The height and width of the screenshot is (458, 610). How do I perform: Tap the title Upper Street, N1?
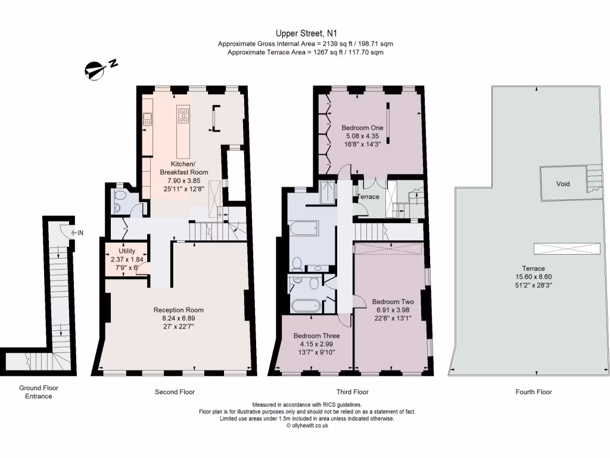pos(306,33)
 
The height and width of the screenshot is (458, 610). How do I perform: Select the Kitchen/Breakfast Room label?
pos(184,168)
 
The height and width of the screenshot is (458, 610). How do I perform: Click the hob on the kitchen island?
pos(183,115)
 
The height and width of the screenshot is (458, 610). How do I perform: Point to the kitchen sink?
pos(147,119)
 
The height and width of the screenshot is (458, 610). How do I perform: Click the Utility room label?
pos(127,251)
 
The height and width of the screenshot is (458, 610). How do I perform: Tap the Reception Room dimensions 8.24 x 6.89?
pos(179,318)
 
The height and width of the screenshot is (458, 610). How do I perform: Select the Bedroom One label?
pos(362,128)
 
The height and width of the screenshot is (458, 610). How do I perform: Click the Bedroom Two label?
pos(393,302)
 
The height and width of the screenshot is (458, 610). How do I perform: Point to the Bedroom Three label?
pos(317,336)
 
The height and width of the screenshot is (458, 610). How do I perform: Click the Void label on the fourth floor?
pos(563,184)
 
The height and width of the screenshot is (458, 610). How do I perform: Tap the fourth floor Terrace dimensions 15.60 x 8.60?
pos(533,277)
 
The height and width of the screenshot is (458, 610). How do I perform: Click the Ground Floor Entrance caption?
pos(39,392)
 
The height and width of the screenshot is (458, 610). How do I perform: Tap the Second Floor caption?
pos(175,392)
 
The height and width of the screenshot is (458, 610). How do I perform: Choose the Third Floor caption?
pos(353,392)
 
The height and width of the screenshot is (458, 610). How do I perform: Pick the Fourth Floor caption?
pos(534,392)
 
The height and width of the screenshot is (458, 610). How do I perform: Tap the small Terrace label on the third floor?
pos(368,197)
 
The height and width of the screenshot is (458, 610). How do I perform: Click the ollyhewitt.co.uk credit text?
pos(307,426)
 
